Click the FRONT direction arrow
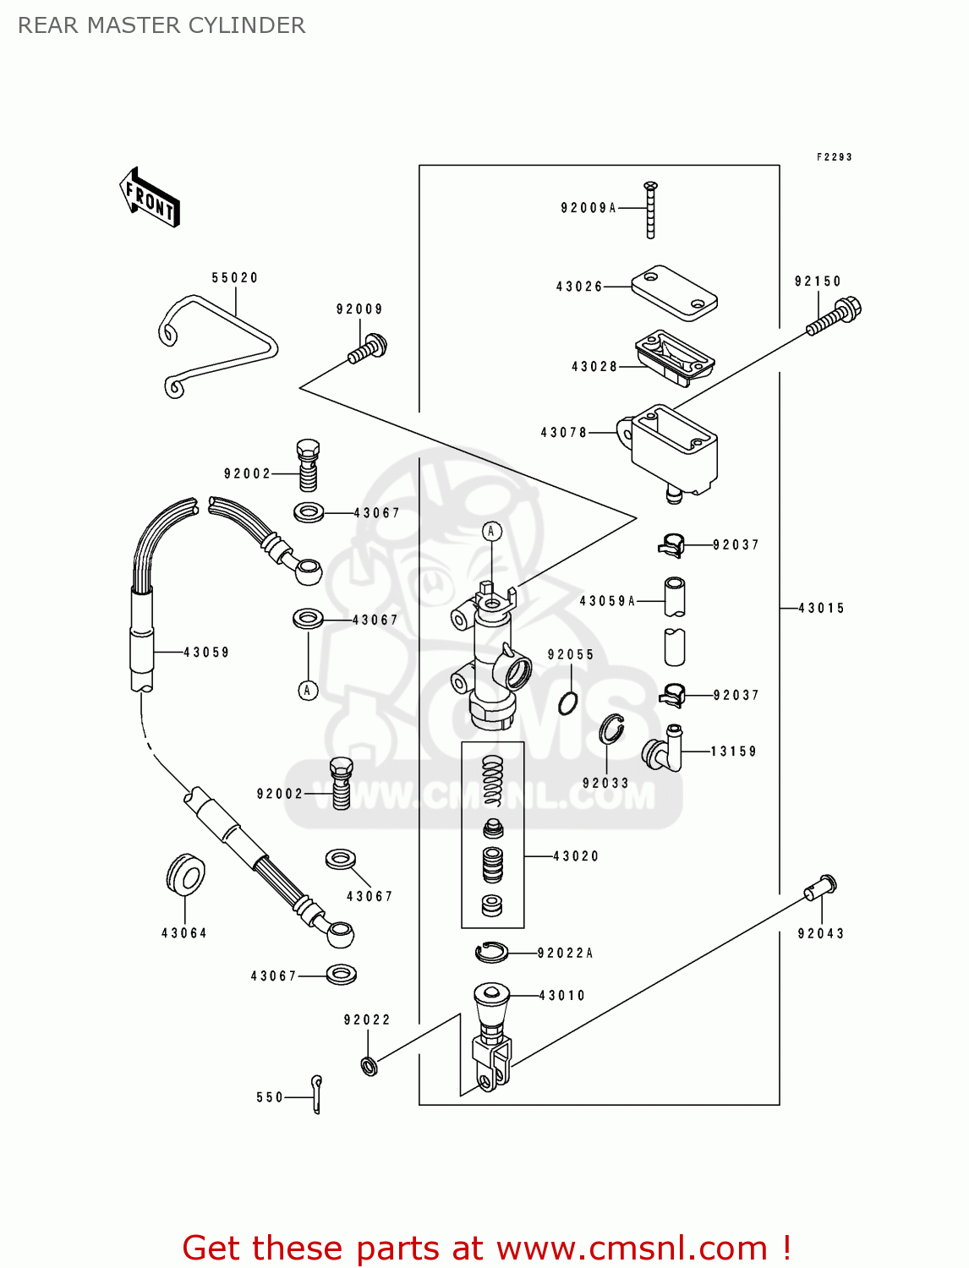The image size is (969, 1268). coord(151,197)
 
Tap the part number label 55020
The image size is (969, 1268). coord(234,277)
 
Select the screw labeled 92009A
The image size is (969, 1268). coord(650,210)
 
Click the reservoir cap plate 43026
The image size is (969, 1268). coord(674,292)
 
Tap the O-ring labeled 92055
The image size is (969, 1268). coord(568,702)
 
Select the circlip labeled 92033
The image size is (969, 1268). coord(612,730)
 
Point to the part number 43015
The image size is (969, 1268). coord(821,608)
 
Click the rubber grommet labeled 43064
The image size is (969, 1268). coord(185,875)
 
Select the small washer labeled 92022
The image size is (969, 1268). coord(369,1066)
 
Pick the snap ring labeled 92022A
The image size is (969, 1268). coord(491,953)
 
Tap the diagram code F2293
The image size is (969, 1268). coord(834,157)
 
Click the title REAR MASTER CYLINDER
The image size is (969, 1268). coord(161,25)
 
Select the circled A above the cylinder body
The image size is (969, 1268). coord(491,532)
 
